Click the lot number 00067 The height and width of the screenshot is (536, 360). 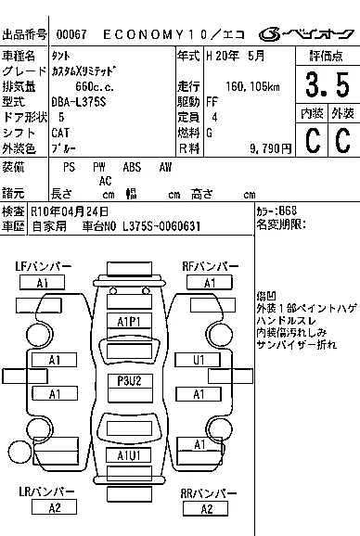71,34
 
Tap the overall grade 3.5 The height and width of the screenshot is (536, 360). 328,84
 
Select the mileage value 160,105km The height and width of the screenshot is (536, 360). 252,86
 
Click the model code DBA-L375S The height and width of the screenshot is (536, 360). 79,102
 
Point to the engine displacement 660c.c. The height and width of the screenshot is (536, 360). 95,86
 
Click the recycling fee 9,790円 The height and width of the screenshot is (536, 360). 270,148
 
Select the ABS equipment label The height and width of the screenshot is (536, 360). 132,167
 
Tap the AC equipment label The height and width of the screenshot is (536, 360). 105,181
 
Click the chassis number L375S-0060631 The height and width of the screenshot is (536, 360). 161,226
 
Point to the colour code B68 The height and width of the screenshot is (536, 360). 288,211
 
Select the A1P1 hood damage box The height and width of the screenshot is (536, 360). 129,322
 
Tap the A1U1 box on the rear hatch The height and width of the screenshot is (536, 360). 129,455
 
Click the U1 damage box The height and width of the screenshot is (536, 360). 198,360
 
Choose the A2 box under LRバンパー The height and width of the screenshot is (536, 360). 54,507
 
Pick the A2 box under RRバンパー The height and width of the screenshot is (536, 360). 205,509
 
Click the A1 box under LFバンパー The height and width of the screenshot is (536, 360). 42,283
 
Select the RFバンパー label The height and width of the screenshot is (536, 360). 210,266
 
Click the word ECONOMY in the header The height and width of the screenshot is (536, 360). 143,34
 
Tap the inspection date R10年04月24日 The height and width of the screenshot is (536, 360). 70,211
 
